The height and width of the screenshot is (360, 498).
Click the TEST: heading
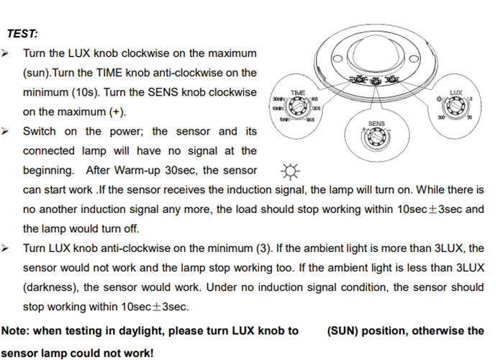tap(22, 33)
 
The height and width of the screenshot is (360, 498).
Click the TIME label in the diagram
tap(297, 93)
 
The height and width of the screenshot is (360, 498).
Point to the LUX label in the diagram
tap(455, 93)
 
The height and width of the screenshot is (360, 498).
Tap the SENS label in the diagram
tap(376, 124)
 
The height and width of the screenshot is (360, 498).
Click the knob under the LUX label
tap(455, 108)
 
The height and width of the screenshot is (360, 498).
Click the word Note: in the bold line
tap(16, 331)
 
